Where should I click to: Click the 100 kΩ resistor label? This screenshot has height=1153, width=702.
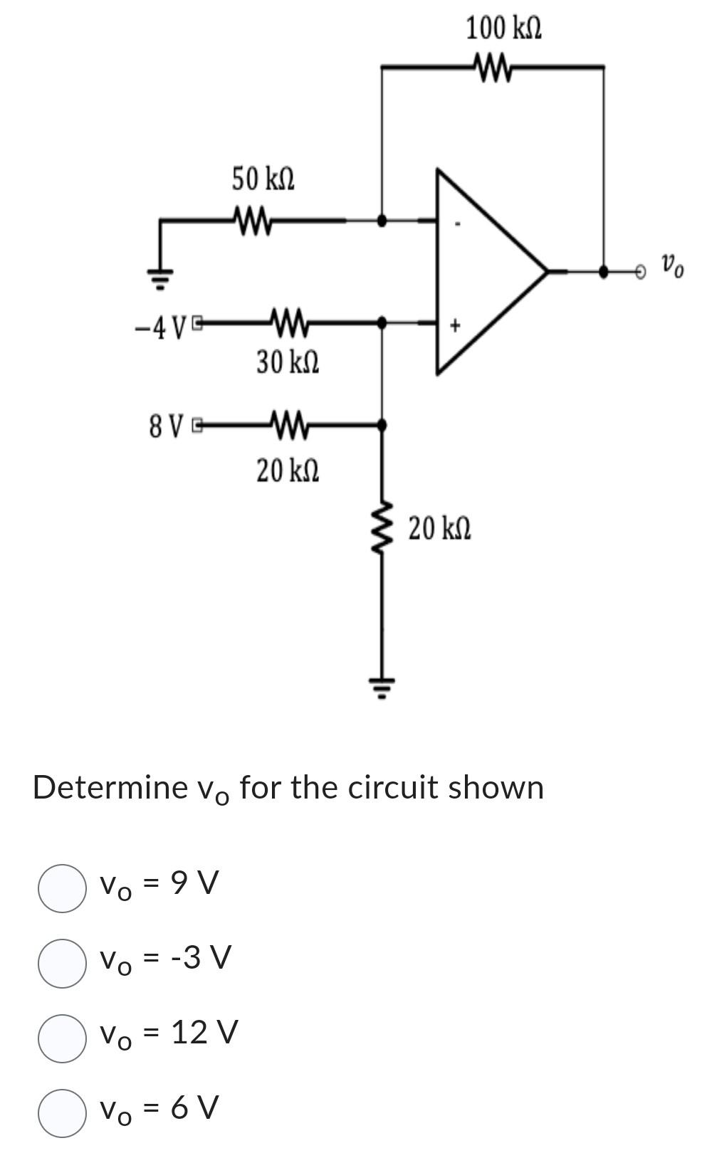click(503, 28)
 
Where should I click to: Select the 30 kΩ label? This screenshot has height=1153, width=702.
click(288, 362)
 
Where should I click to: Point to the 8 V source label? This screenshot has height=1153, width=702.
click(166, 426)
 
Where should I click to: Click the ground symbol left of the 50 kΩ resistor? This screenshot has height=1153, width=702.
click(161, 276)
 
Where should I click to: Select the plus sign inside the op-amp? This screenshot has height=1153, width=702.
click(456, 325)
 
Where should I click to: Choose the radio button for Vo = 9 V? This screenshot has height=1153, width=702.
click(62, 888)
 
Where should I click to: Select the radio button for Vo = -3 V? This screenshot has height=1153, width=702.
click(62, 963)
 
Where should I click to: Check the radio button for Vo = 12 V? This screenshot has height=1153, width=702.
click(62, 1038)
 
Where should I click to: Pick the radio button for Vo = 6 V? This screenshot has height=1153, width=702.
click(62, 1113)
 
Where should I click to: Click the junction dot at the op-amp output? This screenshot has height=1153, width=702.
click(603, 271)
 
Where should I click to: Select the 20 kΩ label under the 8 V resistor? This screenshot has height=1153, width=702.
click(288, 470)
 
